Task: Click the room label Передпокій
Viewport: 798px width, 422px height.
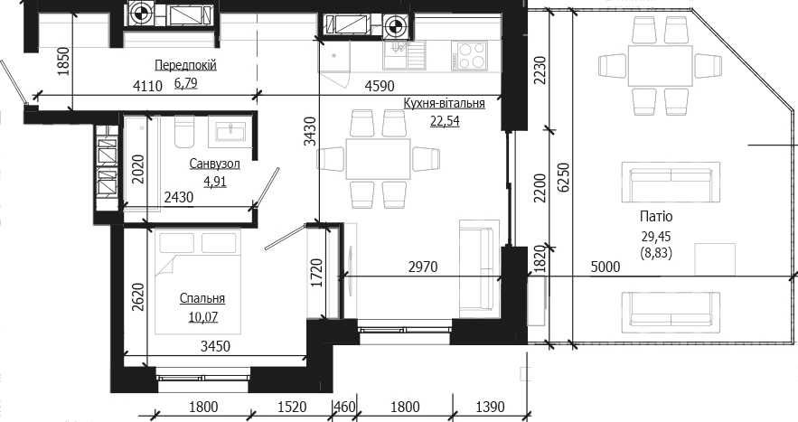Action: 186,66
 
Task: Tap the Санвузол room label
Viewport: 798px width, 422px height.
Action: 214,164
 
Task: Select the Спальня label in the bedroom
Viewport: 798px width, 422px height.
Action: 202,299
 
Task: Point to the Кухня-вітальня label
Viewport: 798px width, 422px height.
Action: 445,104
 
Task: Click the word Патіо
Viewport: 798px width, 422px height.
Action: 656,217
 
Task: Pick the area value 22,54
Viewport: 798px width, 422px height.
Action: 445,121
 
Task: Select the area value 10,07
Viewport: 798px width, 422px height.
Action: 203,317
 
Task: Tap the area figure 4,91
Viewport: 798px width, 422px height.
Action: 215,182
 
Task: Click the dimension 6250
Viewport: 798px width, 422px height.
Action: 564,177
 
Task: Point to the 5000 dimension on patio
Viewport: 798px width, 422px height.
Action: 606,267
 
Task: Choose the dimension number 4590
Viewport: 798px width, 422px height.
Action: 380,86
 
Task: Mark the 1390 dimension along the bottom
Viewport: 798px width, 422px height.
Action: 490,407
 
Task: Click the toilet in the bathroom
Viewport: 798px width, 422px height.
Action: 184,131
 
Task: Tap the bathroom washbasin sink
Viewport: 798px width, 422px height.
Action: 231,131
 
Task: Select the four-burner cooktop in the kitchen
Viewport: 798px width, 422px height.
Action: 472,55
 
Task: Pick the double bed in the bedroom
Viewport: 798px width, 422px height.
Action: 197,282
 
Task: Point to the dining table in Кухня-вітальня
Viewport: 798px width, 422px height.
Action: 378,159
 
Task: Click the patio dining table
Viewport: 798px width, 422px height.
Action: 661,66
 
